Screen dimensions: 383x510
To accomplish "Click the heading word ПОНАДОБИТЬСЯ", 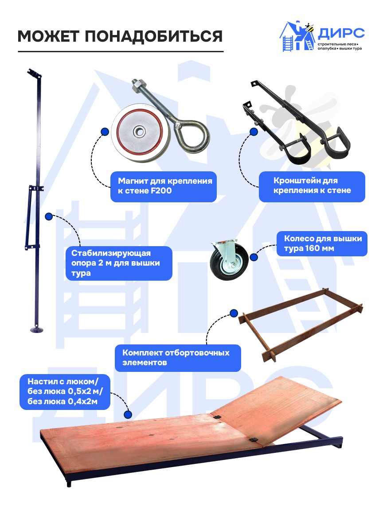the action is (x=154, y=36).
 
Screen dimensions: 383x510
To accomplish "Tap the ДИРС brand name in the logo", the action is (x=341, y=33).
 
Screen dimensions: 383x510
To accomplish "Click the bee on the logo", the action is (x=309, y=27).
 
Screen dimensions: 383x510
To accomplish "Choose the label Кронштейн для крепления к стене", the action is (x=312, y=186).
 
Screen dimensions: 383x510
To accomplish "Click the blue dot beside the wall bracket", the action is (x=254, y=132).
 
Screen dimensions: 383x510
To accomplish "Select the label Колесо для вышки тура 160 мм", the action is (x=322, y=243).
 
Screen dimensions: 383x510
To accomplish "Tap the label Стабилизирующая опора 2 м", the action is (x=119, y=263).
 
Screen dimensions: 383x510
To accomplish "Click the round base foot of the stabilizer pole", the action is (x=36, y=330).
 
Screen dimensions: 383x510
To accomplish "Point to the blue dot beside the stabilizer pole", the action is (x=49, y=216).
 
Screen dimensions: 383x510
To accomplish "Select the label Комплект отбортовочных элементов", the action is (x=178, y=358).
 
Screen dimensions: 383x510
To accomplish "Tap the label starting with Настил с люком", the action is (x=65, y=392).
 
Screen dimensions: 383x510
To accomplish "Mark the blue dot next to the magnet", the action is (x=105, y=132).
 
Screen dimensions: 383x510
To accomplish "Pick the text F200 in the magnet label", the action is (x=161, y=191).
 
